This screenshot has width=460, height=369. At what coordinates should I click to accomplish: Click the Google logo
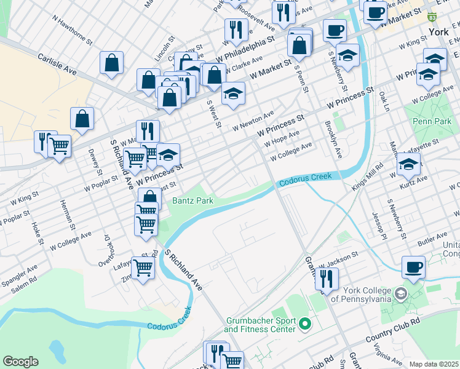click(x=20, y=361)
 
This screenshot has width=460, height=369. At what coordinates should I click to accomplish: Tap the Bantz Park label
click(x=192, y=200)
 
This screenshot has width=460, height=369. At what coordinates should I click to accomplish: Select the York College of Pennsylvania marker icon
click(x=402, y=293)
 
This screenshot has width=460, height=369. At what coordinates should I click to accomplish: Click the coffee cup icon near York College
click(x=413, y=266)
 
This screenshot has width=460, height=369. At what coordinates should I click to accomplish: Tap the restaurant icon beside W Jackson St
click(x=327, y=277)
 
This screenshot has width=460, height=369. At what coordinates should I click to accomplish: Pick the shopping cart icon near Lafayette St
click(x=143, y=268)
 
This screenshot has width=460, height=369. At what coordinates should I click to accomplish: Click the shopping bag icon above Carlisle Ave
click(x=112, y=62)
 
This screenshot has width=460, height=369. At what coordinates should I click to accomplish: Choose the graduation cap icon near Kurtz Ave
click(x=408, y=164)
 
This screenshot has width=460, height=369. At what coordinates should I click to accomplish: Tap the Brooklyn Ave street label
click(x=335, y=140)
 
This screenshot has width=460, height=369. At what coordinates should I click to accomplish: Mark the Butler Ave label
click(x=433, y=237)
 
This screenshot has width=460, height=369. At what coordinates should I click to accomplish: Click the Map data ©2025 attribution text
click(x=434, y=364)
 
